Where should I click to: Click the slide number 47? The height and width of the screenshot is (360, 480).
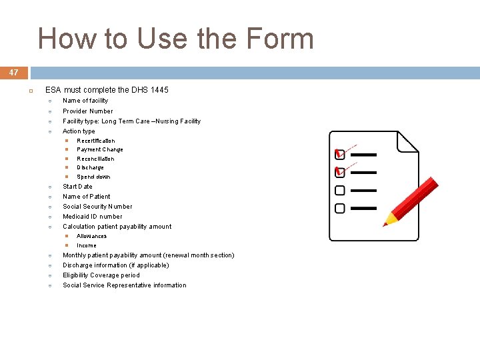point(13,72)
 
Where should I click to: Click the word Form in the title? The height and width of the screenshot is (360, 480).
point(279,39)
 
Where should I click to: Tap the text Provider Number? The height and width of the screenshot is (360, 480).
point(87,111)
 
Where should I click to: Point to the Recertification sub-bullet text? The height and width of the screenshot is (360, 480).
point(95,141)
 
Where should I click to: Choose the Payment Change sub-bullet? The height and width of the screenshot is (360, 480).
point(99,150)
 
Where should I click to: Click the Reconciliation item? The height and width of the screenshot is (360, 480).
point(95,159)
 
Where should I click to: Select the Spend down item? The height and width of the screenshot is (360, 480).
point(93,177)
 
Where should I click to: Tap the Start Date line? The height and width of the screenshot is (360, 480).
point(77,187)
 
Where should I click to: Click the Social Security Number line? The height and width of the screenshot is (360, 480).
point(97,207)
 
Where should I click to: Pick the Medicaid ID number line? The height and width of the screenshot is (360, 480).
point(92,217)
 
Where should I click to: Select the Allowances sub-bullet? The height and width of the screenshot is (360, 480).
point(91,236)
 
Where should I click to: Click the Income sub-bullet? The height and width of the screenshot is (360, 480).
point(86,245)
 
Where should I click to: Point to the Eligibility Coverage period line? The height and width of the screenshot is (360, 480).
point(101,275)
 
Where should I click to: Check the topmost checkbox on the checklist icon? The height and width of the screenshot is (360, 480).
point(339,155)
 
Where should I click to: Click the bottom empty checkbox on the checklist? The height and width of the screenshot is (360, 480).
point(339,208)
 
